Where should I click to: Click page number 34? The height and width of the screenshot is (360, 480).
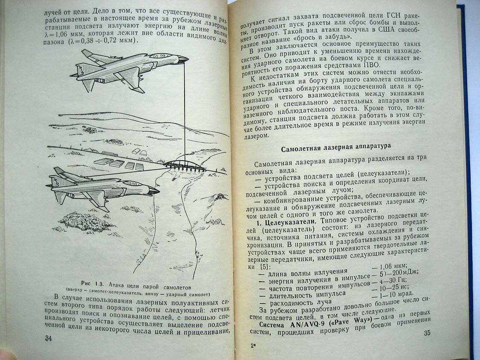click(x=48, y=338)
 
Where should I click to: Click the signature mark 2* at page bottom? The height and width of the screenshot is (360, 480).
click(x=253, y=346)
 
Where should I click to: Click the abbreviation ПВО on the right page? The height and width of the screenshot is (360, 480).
click(x=371, y=65)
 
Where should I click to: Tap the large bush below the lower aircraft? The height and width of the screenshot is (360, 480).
click(x=81, y=221)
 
